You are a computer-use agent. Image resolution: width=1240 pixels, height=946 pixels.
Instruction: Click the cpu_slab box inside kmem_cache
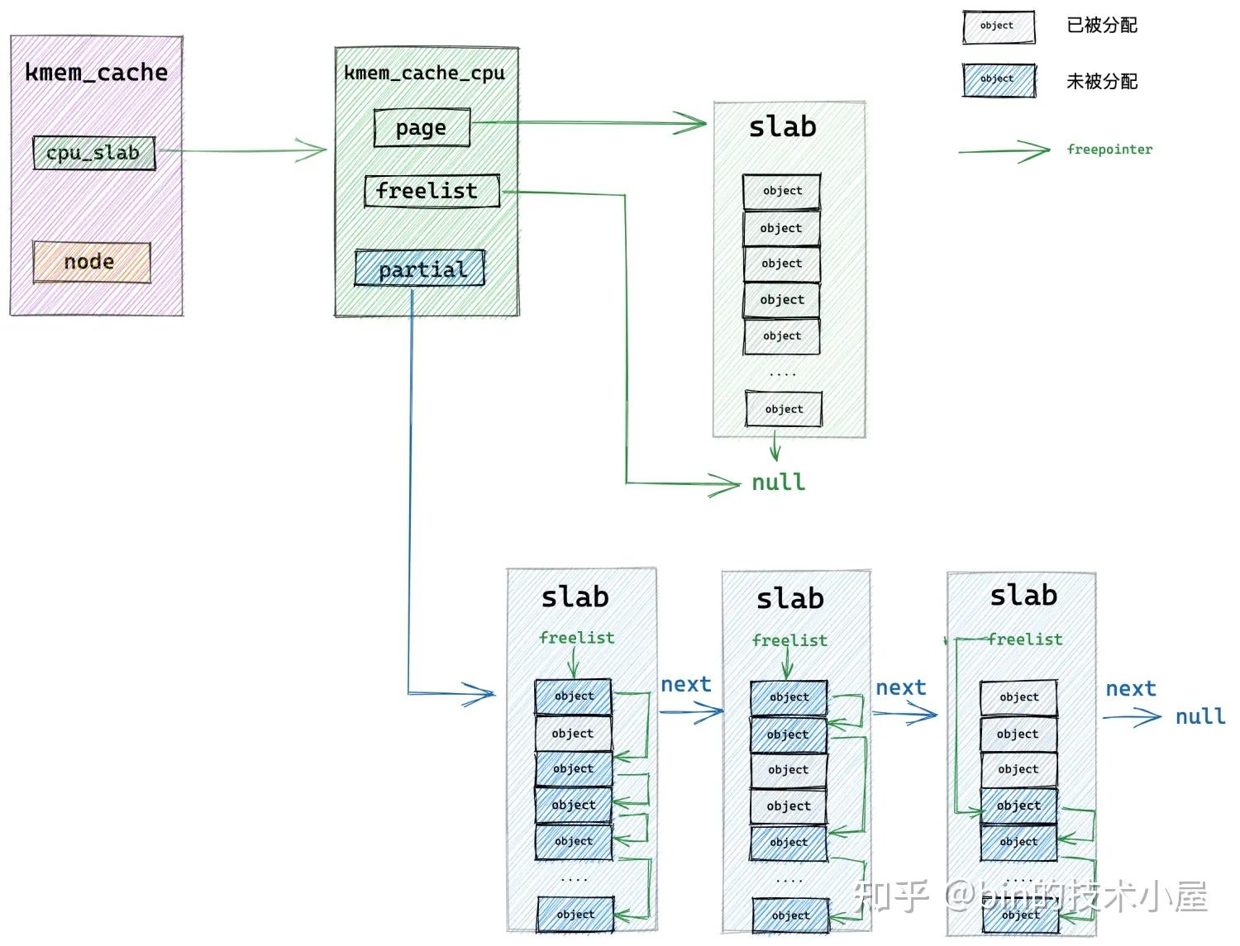93,153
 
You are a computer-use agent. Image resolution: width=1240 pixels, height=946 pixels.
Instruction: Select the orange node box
91,262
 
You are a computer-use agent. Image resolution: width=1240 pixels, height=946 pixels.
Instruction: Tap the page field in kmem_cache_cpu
422,128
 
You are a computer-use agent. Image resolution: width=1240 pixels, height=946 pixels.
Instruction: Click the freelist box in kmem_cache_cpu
431,191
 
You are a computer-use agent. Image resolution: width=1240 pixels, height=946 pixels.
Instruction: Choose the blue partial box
419,269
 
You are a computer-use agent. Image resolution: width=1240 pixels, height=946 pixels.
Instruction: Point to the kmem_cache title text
96,73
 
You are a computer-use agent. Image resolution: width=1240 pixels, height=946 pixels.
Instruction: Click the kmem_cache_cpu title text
424,74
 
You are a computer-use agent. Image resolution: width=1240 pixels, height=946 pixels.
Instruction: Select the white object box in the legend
998,26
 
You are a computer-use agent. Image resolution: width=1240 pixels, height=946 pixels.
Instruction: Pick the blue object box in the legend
998,80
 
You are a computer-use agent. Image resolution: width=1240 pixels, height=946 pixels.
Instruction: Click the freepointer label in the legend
1109,150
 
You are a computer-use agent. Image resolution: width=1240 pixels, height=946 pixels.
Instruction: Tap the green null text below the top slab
778,483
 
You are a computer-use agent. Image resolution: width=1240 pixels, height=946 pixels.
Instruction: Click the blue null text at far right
1200,716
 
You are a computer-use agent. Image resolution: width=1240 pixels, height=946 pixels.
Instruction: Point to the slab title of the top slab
782,127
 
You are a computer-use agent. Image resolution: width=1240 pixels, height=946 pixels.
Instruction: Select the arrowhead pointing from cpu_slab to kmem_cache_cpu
313,150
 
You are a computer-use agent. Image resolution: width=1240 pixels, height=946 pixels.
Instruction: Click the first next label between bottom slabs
685,684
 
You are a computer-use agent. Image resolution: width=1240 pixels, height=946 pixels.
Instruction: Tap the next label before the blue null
1130,689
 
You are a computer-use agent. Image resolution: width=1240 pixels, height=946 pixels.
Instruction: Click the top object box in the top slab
781,191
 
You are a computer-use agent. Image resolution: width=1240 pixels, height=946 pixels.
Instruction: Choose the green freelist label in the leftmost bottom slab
576,638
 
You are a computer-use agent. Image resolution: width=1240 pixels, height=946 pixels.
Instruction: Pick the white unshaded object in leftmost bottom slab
573,734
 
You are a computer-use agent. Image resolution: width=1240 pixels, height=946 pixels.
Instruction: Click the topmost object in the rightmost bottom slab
1018,697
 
